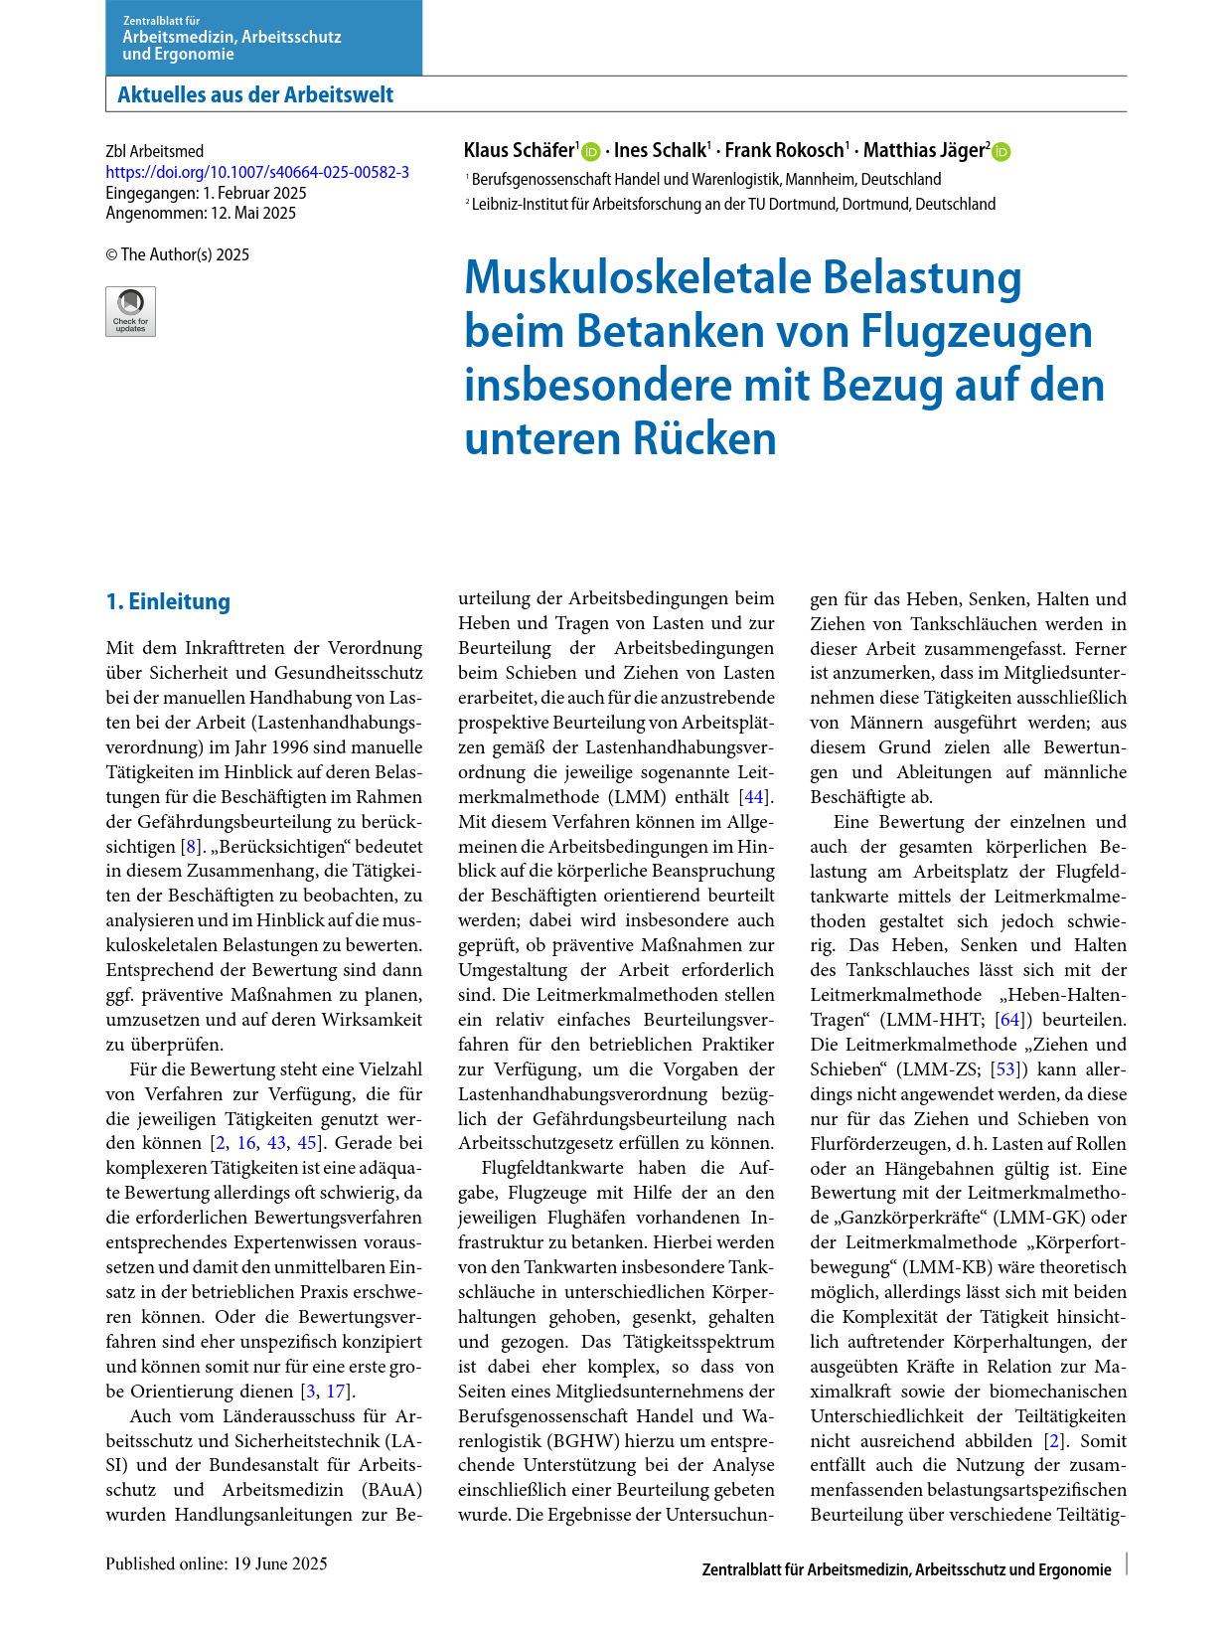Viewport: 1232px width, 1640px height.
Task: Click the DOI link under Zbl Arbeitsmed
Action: tap(257, 172)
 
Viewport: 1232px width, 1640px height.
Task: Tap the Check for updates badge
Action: tap(130, 311)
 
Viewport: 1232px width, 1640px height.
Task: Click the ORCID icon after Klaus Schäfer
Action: tap(591, 152)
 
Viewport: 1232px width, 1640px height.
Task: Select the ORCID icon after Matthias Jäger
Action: tap(1001, 152)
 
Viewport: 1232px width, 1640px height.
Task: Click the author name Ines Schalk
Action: tap(660, 150)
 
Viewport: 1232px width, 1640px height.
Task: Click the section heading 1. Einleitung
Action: tap(168, 601)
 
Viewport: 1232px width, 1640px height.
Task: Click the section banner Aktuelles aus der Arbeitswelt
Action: tap(255, 95)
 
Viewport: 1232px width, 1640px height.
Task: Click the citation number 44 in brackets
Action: tap(755, 797)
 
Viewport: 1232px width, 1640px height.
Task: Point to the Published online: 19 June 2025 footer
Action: tap(217, 1563)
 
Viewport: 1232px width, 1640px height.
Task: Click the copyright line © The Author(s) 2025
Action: tap(178, 254)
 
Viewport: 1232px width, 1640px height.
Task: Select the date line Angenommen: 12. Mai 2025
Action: tap(201, 213)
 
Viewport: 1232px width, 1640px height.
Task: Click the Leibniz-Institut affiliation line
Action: tap(733, 204)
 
